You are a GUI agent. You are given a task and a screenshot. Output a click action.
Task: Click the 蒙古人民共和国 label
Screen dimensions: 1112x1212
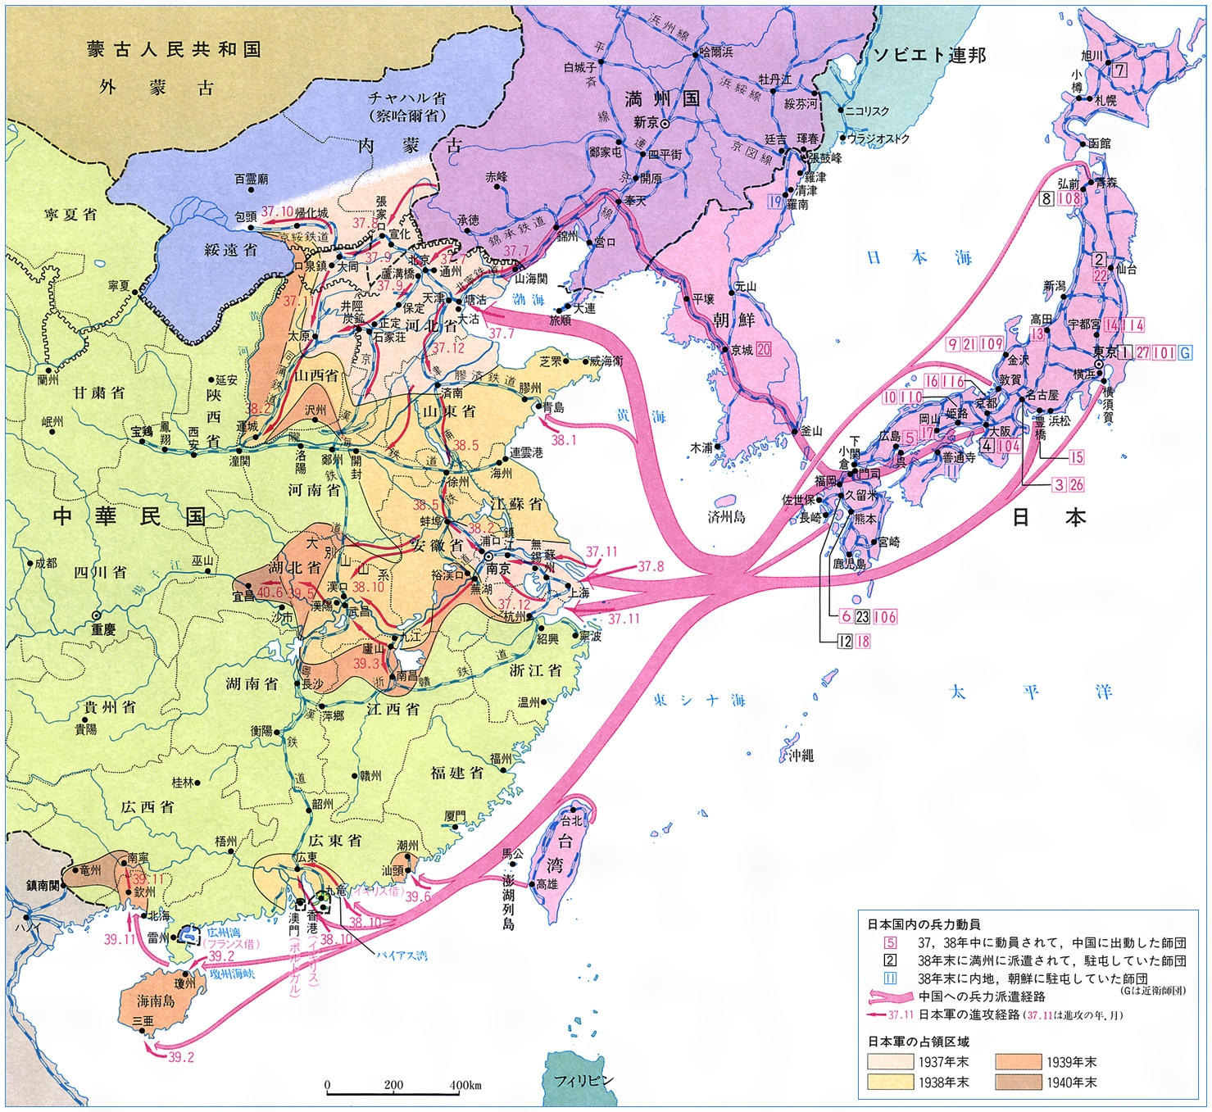pyautogui.click(x=174, y=49)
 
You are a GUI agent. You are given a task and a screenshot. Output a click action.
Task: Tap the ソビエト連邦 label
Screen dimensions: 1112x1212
pyautogui.click(x=929, y=55)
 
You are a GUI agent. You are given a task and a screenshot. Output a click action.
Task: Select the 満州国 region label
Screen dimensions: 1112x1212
pyautogui.click(x=662, y=99)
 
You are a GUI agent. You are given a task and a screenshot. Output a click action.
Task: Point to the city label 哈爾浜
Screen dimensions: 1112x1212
pyautogui.click(x=716, y=52)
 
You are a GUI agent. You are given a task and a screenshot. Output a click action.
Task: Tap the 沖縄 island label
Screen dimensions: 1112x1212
pyautogui.click(x=801, y=756)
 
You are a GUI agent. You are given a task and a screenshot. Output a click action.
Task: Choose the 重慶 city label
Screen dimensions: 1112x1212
pyautogui.click(x=103, y=629)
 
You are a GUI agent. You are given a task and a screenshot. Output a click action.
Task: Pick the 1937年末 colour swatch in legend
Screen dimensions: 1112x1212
pyautogui.click(x=890, y=1062)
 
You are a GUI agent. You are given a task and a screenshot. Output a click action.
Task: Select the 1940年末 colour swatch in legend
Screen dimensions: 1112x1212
pyautogui.click(x=1019, y=1082)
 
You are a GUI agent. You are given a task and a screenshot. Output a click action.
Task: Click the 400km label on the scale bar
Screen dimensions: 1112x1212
pyautogui.click(x=465, y=1085)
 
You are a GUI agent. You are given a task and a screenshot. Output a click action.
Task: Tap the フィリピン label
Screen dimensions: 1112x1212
pyautogui.click(x=583, y=1081)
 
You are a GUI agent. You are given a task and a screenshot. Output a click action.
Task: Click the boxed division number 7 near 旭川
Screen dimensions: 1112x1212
pyautogui.click(x=1119, y=70)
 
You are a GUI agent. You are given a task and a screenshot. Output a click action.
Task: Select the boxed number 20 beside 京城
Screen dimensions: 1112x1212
pyautogui.click(x=764, y=349)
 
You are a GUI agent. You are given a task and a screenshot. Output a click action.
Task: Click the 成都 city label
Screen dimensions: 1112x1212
pyautogui.click(x=45, y=563)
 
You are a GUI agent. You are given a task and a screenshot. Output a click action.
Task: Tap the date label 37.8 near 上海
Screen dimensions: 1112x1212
pyautogui.click(x=651, y=566)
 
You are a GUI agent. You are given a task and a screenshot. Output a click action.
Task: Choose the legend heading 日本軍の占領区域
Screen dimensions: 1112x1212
pyautogui.click(x=918, y=1042)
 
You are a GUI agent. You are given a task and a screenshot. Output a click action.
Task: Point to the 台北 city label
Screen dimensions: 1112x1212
pyautogui.click(x=570, y=820)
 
